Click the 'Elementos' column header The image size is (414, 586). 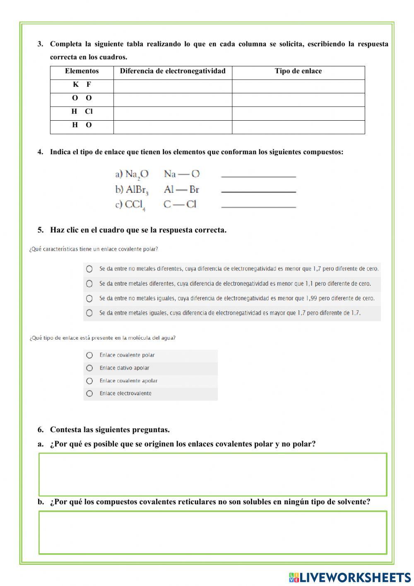82,71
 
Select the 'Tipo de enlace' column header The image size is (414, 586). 298,71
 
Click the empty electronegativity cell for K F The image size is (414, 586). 173,86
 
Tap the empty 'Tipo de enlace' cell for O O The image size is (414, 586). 298,100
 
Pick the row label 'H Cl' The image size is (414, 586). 82,112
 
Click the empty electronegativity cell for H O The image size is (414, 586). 173,127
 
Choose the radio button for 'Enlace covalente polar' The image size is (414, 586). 89,355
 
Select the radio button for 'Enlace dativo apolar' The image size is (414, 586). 89,368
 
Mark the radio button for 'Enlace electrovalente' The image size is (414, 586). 89,394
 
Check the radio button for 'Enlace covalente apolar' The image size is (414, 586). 89,381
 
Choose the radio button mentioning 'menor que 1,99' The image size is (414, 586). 89,299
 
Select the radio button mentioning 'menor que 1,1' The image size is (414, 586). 89,284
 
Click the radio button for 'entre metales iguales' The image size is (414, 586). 89,313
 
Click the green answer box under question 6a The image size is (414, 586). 213,474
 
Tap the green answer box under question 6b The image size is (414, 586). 213,533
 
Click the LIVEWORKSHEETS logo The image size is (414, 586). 350,577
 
